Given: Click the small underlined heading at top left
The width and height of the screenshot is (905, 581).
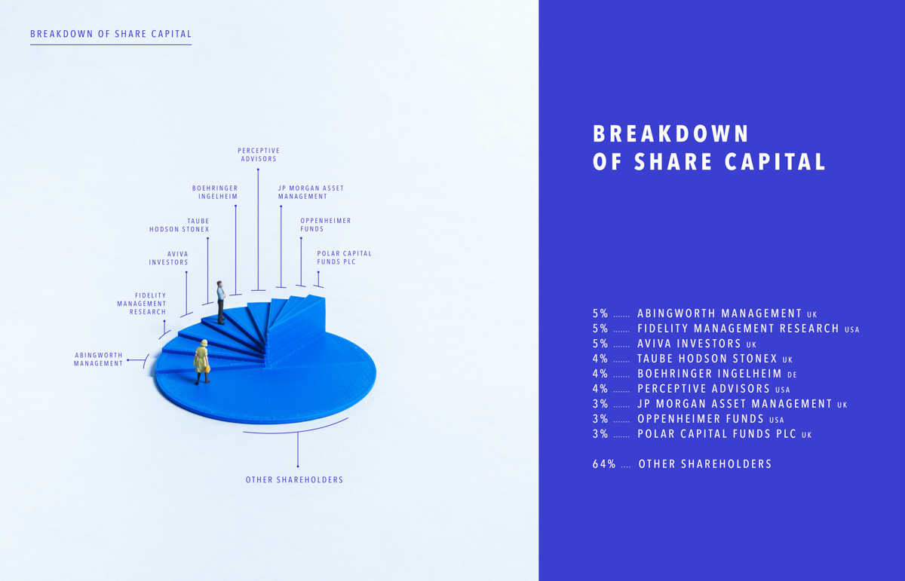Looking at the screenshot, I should coord(111,34).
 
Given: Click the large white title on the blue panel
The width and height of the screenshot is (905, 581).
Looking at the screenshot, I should coord(709,148).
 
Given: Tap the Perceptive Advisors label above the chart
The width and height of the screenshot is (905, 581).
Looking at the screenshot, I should coord(259,155).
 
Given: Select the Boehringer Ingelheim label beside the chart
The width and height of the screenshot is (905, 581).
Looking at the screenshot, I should coord(215,192).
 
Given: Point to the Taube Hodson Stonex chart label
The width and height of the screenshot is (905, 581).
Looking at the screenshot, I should coord(179,225).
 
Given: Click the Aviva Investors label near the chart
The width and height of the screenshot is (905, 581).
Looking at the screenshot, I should coord(169,258).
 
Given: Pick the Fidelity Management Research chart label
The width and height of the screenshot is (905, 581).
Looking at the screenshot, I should coord(142,304).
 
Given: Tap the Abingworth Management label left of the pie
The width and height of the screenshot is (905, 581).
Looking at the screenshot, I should coord(98,359).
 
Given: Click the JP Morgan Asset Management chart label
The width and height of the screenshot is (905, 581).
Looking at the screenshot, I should coord(311,192).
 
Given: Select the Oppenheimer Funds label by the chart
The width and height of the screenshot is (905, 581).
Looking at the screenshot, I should coord(326,225).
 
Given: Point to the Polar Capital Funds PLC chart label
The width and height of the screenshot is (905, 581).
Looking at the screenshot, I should coord(345,258).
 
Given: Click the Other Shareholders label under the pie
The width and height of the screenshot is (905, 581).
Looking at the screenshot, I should coord(294,480).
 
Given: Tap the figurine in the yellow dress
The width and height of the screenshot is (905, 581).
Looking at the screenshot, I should coord(201,361).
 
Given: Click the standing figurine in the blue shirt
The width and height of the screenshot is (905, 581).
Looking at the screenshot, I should coord(221,302).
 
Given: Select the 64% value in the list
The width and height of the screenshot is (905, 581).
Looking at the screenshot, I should coord(604,464).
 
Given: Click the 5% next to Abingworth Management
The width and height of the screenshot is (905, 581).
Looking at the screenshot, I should coord(600,313).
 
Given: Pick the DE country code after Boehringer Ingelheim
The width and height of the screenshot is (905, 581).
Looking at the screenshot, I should coord(792,375).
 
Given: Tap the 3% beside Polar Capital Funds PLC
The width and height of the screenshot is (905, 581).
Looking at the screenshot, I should coord(600,434).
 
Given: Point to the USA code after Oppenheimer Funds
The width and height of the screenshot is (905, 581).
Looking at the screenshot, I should coord(777,420).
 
